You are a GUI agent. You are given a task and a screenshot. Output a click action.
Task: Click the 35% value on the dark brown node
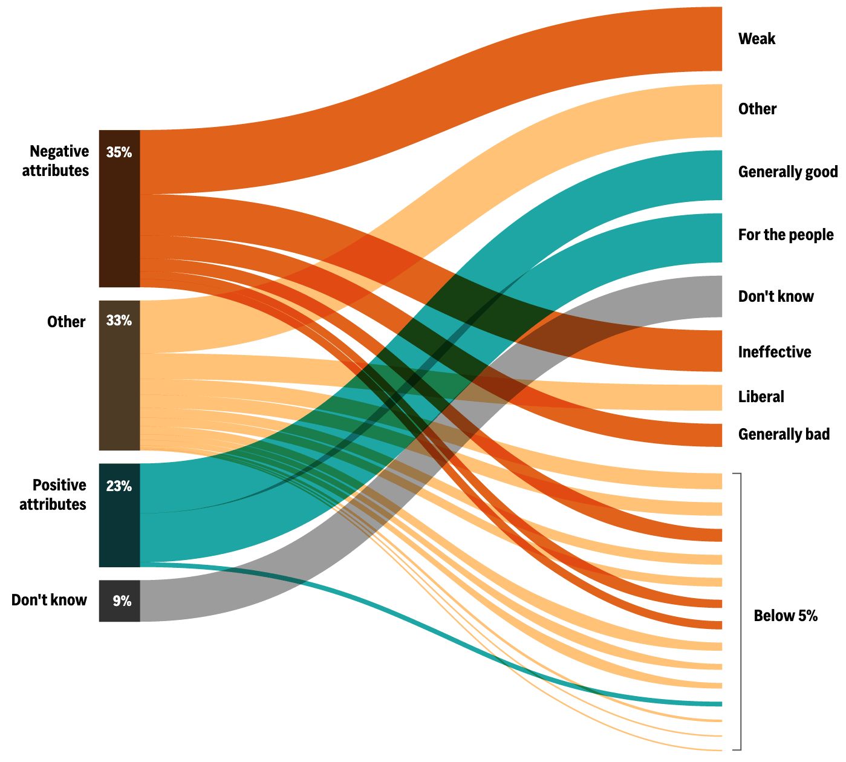119,152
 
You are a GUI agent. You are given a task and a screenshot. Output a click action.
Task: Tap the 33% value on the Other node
119,321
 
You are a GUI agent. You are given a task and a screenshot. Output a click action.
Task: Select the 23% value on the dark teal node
119,486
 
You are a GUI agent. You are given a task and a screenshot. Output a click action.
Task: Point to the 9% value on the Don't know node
122,601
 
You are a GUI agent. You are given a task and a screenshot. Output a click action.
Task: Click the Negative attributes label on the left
56,161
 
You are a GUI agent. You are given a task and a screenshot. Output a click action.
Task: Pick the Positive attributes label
53,495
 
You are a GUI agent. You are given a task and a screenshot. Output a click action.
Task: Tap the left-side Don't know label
49,600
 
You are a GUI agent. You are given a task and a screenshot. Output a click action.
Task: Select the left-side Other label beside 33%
66,321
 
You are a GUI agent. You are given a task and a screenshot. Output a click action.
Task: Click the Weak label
757,39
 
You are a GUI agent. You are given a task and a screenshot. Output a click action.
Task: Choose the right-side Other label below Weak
757,109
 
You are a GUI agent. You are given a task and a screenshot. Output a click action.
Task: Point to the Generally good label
788,172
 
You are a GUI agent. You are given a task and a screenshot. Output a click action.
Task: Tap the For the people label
786,235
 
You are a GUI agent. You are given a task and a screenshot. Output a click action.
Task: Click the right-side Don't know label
776,296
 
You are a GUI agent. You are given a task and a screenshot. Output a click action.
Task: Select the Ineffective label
775,352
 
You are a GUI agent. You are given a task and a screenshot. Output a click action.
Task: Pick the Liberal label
761,397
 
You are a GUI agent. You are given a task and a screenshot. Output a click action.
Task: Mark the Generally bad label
784,434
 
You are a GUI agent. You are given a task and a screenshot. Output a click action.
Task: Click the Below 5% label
786,616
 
